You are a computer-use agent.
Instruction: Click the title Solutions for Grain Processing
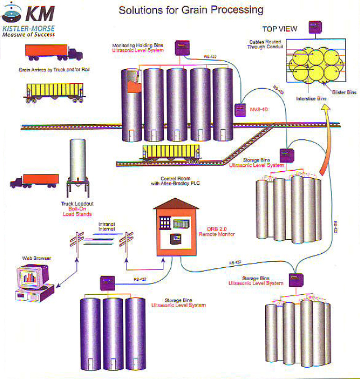tap(191, 10)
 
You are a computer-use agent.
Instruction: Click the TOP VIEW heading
tap(280, 29)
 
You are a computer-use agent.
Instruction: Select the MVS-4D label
tap(258, 109)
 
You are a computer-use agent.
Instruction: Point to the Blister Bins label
tap(344, 92)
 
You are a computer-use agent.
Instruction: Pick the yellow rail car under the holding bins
tap(171, 152)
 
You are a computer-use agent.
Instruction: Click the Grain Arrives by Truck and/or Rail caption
tap(47, 70)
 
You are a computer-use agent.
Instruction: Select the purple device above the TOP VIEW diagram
tap(316, 28)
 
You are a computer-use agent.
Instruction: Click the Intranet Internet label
tap(107, 226)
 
